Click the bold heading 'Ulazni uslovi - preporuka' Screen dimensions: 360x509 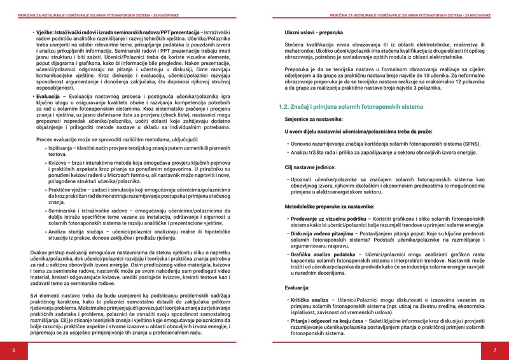pyautogui.click(x=313, y=32)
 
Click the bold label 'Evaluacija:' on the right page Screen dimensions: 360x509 pyautogui.click(x=297, y=287)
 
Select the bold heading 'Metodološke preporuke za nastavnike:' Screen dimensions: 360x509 pyautogui.click(x=329, y=207)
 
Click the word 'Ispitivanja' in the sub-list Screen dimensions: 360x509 pyautogui.click(x=62, y=147)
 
